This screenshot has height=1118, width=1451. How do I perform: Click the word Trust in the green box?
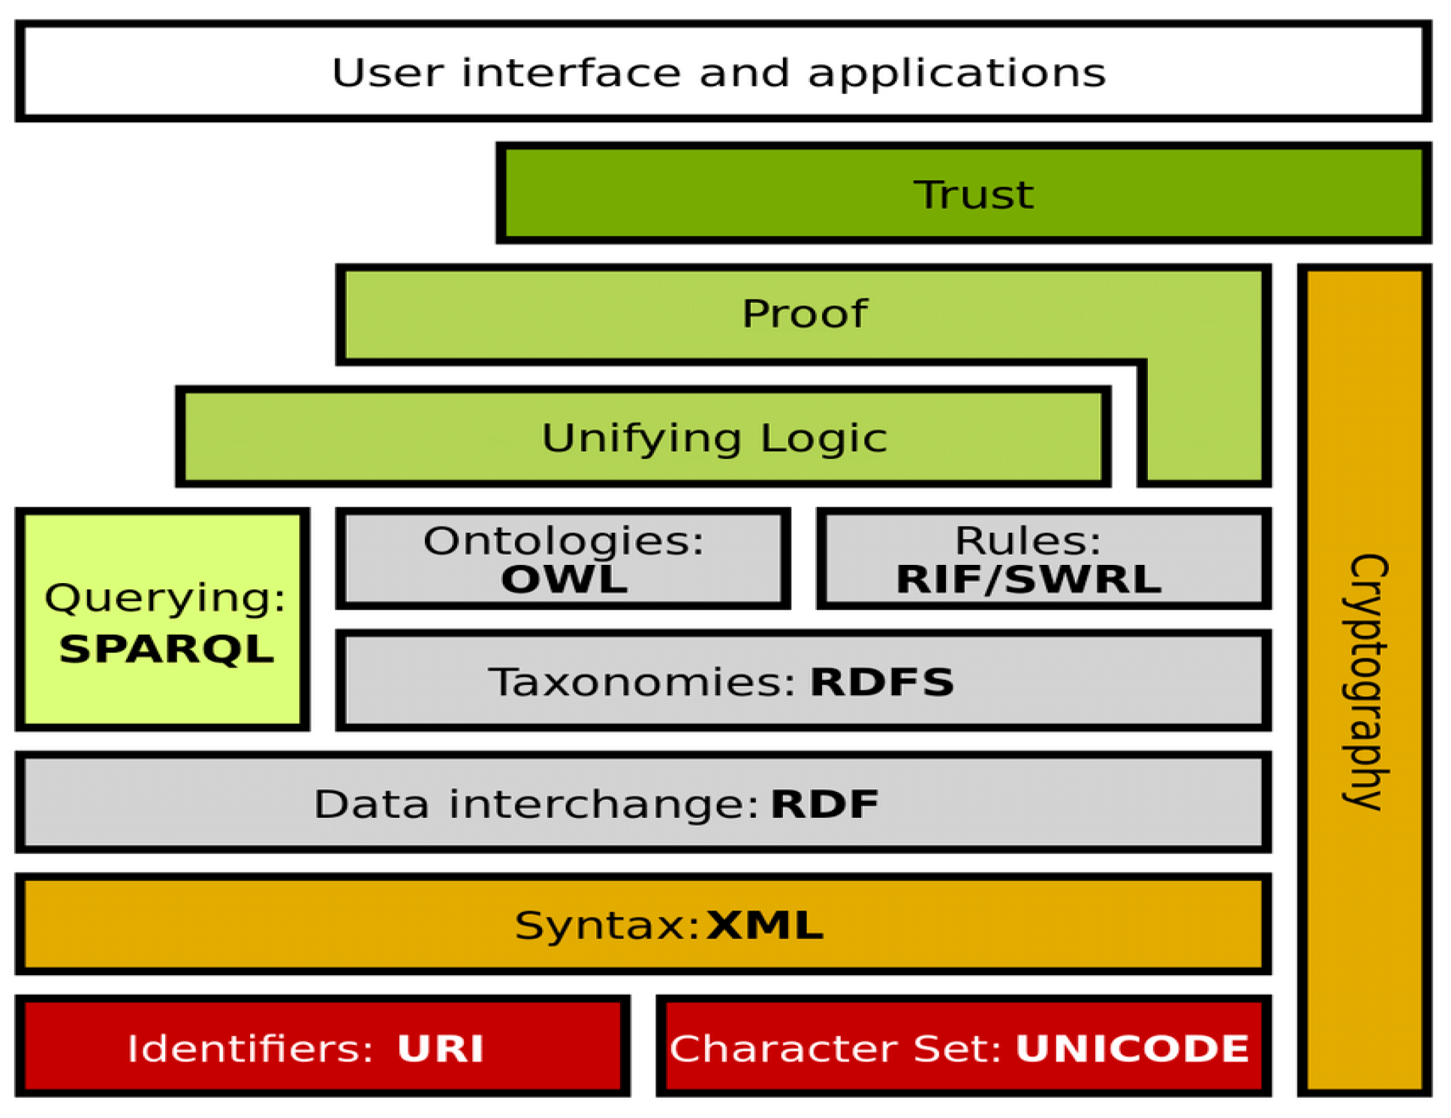tap(973, 194)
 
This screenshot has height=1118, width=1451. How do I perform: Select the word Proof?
tap(805, 314)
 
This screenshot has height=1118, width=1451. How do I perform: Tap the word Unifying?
tap(641, 439)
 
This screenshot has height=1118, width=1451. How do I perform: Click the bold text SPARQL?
tap(166, 649)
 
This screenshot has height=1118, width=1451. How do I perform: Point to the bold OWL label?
tap(564, 580)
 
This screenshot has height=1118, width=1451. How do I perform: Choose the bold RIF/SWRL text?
tap(1028, 580)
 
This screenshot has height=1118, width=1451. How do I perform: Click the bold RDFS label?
tap(882, 682)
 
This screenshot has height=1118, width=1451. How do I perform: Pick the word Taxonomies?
tap(641, 682)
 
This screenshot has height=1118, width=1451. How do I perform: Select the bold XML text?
tap(765, 926)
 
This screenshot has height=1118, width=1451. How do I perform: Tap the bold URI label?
tap(440, 1048)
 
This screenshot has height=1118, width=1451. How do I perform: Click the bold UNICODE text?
tap(1133, 1048)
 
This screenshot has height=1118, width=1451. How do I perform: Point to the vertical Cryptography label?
tap(1365, 682)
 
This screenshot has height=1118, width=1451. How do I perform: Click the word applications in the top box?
tap(956, 73)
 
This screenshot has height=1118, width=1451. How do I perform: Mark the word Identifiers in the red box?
tap(250, 1048)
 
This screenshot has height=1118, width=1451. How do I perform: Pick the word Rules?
tap(1027, 541)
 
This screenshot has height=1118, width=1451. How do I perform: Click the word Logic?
tap(824, 439)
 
